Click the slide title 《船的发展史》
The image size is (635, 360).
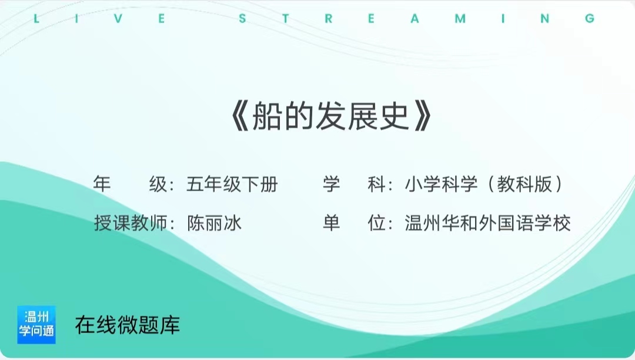(331, 116)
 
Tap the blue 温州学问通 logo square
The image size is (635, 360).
(36, 325)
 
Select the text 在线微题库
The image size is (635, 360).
(128, 325)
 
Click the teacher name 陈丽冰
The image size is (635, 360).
(214, 223)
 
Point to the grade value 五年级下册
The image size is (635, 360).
(232, 184)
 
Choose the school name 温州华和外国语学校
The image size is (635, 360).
(487, 223)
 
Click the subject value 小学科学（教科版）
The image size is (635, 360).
(484, 184)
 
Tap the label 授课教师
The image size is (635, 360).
(131, 223)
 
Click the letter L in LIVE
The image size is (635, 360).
(36, 19)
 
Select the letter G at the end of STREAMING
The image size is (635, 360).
(590, 19)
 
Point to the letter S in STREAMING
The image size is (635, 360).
(243, 19)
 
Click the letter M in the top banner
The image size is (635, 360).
(460, 19)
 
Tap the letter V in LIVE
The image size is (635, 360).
(118, 19)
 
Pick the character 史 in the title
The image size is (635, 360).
(394, 116)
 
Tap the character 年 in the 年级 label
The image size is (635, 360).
(102, 184)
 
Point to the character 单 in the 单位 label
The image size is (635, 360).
(331, 223)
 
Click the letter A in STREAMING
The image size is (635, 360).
(415, 19)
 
